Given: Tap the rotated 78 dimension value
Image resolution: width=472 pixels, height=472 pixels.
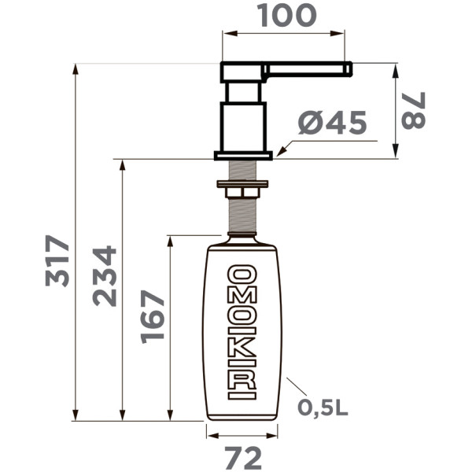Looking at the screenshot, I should pos(412,110).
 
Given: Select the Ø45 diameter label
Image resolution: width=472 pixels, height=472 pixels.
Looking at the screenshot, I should pos(333,124).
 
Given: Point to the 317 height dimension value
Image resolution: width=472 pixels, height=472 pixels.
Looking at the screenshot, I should pos(57,261).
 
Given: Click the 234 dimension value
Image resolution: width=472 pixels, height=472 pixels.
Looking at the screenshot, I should pos(104,276).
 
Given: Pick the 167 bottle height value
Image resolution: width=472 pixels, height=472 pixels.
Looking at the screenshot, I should pos(153,316).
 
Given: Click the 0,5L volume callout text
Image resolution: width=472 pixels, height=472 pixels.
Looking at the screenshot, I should pos(323,407).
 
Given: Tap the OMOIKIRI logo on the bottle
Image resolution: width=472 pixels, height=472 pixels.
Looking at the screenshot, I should pos(242,332).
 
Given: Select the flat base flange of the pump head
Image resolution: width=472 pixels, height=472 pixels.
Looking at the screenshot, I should pos(243,155).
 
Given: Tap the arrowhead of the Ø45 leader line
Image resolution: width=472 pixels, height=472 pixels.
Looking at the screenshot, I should pos(279,149).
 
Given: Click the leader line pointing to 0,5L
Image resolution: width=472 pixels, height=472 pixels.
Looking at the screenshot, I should pos(296,387).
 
